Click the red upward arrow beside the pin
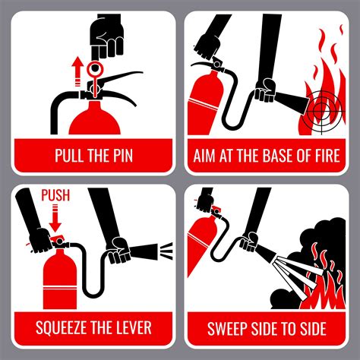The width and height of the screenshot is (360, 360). [77, 71]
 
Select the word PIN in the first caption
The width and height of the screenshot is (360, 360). [123, 155]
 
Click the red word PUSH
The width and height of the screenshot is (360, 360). [55, 195]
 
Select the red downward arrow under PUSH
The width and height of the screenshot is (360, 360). [55, 218]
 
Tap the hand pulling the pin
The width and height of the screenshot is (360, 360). [107, 38]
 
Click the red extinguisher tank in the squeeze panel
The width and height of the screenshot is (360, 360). [60, 279]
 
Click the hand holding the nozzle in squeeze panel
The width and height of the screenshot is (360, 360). [118, 251]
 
